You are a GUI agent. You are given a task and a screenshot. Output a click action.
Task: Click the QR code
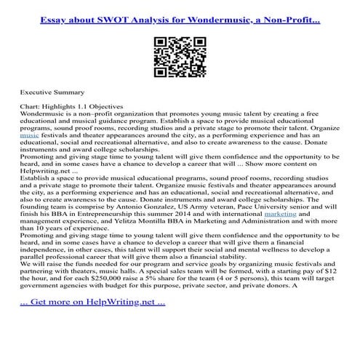coord(180,52)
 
